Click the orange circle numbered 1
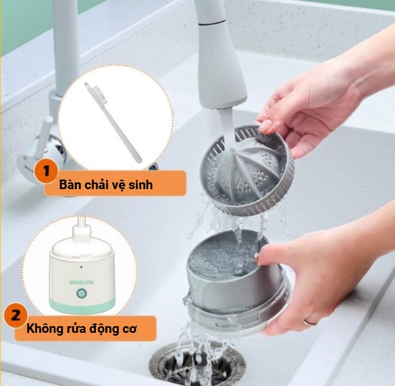coord(47,171)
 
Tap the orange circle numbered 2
coord(16,315)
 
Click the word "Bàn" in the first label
coord(71,185)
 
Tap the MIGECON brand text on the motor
coord(81,283)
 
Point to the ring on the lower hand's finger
coord(310,322)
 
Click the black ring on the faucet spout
coord(212,23)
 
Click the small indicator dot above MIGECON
coord(81,267)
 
